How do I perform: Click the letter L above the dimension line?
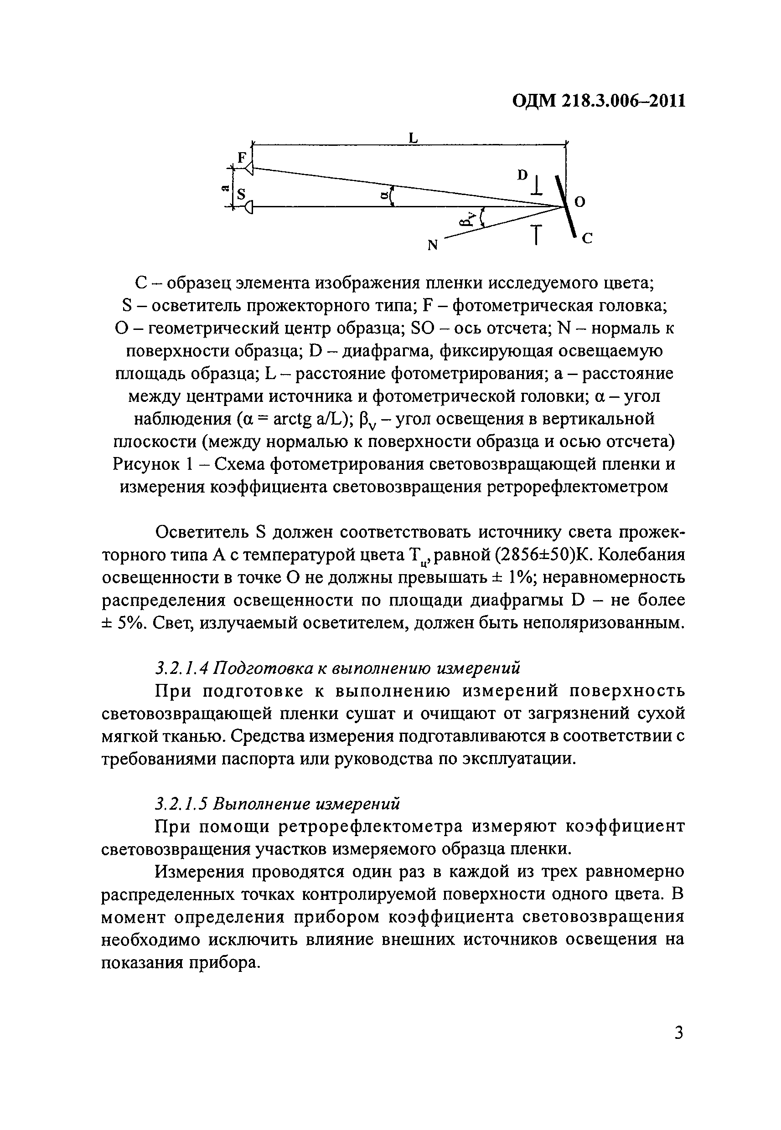pyautogui.click(x=414, y=138)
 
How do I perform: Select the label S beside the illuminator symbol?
pyautogui.click(x=241, y=195)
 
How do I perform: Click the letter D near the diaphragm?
pyautogui.click(x=522, y=175)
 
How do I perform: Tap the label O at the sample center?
pyautogui.click(x=579, y=202)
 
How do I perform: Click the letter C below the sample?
pyautogui.click(x=588, y=239)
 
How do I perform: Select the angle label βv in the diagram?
pyautogui.click(x=467, y=219)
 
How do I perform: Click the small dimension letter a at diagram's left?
pyautogui.click(x=225, y=187)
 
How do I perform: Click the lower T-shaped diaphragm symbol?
pyautogui.click(x=537, y=234)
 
